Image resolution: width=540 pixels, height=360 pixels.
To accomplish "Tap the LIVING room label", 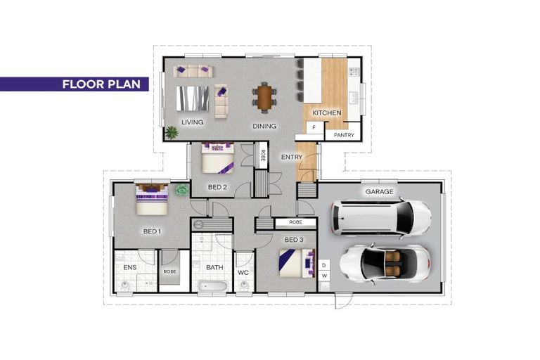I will tap(192, 122).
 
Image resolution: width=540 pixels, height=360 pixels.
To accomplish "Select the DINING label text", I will tap(264, 127).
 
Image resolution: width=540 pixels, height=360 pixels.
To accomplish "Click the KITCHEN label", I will tap(327, 113).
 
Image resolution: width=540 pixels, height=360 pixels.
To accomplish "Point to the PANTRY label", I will tap(344, 134).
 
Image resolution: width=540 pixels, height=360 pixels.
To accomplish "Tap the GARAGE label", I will tap(379, 191).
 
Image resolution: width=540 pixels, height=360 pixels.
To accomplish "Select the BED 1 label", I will tap(152, 231).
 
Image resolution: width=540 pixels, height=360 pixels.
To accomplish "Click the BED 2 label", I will tap(217, 187).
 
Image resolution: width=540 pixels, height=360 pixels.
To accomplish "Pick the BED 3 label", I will tap(292, 240).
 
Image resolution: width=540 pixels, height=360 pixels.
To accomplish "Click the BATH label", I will tap(214, 268).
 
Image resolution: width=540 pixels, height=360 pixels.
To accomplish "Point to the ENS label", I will tap(129, 268).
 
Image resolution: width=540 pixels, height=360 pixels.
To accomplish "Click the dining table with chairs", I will tap(264, 98).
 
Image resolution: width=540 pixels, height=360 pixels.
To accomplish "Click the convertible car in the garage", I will tap(385, 262).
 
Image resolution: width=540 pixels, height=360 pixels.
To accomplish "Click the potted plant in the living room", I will tap(171, 131).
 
